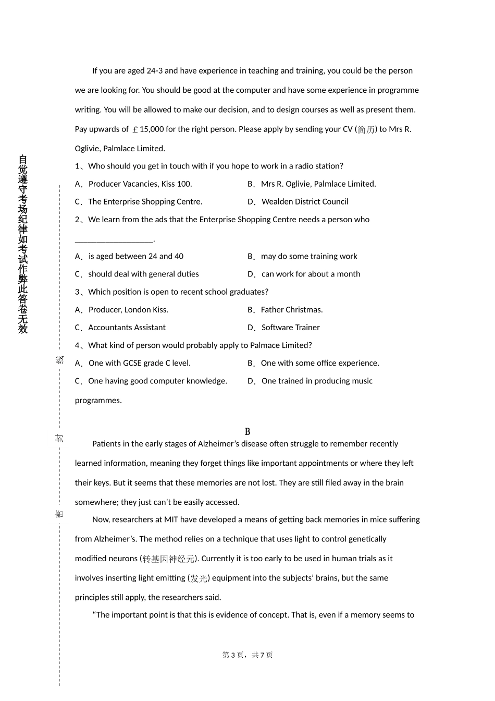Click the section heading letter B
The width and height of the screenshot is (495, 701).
point(247,431)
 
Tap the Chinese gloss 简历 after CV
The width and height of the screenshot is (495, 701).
point(366,130)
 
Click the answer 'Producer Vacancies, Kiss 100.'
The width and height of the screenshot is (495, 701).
point(140,184)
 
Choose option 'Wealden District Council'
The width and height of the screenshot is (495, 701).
point(305,202)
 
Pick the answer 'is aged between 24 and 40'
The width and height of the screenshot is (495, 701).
point(136,257)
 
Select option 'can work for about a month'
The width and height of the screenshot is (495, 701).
point(311,274)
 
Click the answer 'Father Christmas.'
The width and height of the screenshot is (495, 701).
point(292,310)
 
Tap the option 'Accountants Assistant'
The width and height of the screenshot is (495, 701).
point(127,328)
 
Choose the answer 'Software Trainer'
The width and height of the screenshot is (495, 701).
point(291,328)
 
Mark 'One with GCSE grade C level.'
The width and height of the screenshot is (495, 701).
point(140,363)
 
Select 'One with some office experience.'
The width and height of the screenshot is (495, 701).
point(320,363)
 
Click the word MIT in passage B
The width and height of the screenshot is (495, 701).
point(171,519)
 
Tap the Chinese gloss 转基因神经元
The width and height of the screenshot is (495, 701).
point(169,559)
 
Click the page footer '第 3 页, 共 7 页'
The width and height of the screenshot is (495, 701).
point(247,655)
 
